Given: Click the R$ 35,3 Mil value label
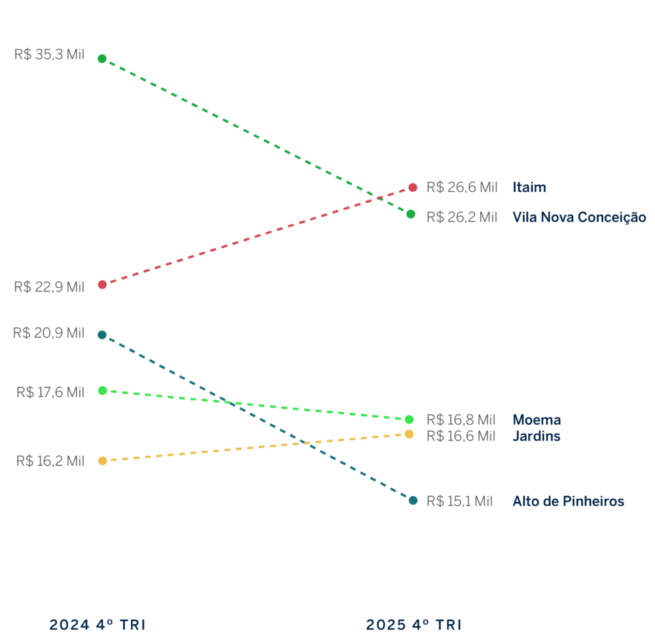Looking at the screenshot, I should coord(49,55).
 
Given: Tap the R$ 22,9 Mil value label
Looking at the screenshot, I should coord(49,287).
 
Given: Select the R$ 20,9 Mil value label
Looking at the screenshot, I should coord(49,333).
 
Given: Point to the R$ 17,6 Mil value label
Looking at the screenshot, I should coord(51,392).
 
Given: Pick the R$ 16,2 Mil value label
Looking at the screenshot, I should coord(51,460).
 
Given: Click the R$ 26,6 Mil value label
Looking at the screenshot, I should coord(462,187).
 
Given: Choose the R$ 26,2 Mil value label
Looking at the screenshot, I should coord(462,217).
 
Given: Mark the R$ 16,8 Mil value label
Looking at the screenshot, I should coord(461,420).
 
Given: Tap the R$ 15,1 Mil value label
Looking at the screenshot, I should coord(460,501).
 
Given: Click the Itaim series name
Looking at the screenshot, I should coord(529,187).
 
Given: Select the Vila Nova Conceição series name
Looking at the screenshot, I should coord(579,217).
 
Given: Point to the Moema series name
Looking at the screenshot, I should coord(537,420).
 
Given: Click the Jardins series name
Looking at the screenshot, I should coord(536,436).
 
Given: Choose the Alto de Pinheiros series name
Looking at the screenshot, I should coord(568,501).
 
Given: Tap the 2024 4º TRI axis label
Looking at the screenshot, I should coord(97,625).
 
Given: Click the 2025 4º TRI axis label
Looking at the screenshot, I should coord(413,625).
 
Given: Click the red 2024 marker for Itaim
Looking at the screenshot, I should coord(102,285).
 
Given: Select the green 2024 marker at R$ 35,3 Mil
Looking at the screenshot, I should coord(102,59).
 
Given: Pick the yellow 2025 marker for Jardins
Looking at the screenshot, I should coord(409,434).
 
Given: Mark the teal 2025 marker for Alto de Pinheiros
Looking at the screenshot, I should coord(413,500).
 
